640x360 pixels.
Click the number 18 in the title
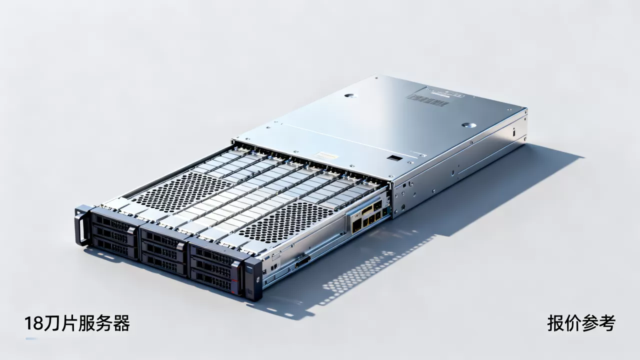coord(34,323)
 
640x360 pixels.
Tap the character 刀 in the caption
coord(52,323)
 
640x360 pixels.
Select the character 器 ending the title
coord(121,323)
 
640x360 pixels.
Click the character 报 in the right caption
coord(555,323)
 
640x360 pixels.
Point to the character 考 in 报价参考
coord(607,323)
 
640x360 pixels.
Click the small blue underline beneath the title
coord(31,339)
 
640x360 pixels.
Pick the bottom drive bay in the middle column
coord(164,264)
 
